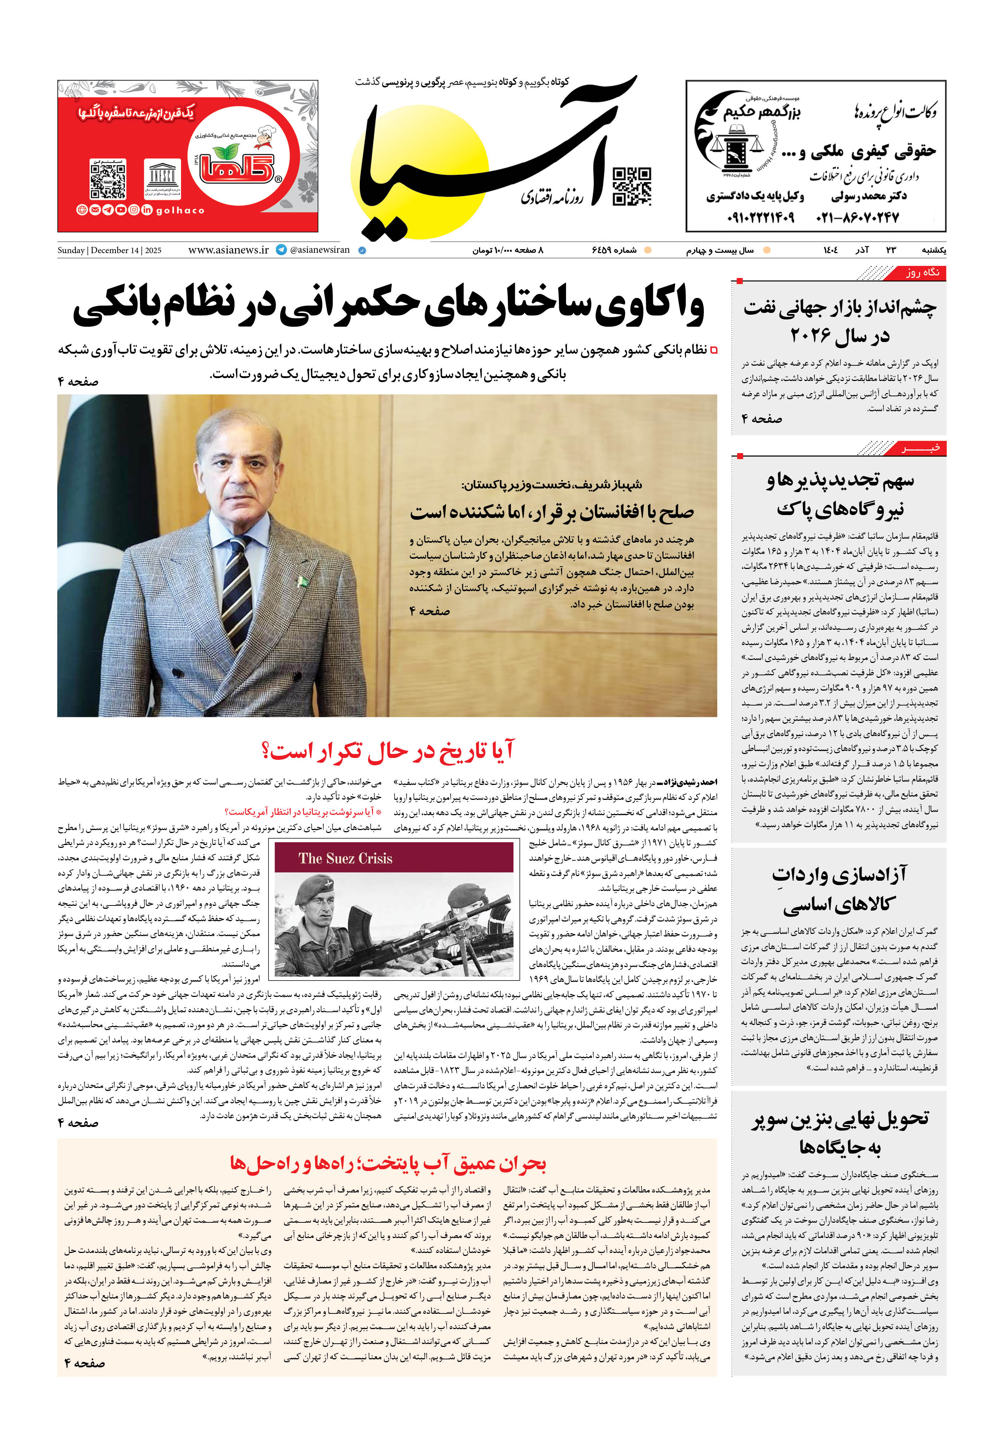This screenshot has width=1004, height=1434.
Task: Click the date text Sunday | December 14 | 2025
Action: click(x=109, y=251)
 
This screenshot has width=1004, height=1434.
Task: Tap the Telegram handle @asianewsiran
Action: click(x=319, y=250)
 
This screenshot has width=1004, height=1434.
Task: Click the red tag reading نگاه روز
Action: click(x=922, y=272)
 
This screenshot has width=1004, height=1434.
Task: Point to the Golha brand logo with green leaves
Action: click(x=236, y=165)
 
